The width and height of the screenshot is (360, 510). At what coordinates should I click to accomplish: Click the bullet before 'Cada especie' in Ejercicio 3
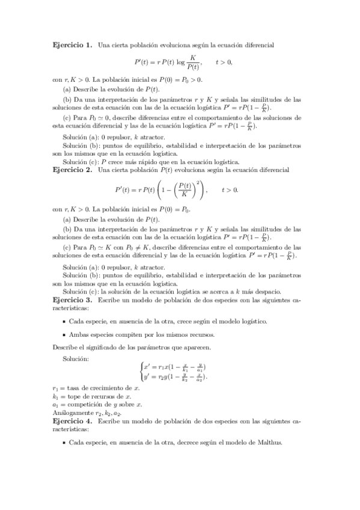coord(63,321)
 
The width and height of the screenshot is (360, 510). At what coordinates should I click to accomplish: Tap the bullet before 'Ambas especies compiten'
coord(63,334)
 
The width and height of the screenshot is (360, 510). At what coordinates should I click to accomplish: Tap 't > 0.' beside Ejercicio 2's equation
coord(230,189)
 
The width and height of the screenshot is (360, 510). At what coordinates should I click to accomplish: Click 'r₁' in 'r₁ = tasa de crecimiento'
coord(55,389)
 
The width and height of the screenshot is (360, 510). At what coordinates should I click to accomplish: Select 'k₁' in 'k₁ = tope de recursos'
coord(55,397)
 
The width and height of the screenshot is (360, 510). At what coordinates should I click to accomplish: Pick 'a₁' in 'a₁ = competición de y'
coord(55,405)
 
